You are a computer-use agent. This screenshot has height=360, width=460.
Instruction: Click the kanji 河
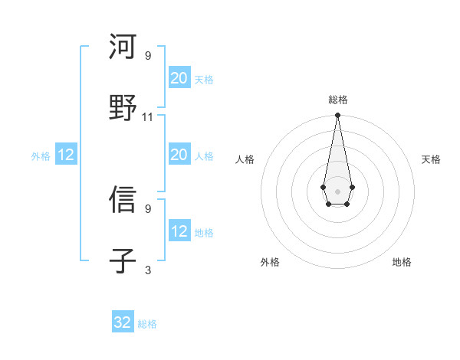tap(123, 47)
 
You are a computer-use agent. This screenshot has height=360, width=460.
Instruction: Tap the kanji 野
tap(123, 108)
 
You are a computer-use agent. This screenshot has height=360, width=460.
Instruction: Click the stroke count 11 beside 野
tap(148, 117)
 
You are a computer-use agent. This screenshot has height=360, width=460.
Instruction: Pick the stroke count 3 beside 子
tap(148, 270)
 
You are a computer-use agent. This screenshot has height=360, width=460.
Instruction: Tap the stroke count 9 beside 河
tap(148, 56)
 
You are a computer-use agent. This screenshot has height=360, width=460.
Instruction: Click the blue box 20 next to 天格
tap(179, 78)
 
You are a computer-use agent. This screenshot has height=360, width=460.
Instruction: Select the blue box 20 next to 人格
tap(179, 155)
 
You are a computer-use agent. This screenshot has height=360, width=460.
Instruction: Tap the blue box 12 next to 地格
tap(179, 231)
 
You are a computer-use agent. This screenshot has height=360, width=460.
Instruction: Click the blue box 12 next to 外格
tap(66, 155)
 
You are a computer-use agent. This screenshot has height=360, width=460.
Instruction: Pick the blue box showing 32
tap(123, 322)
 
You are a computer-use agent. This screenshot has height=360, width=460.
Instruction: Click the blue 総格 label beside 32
tap(147, 324)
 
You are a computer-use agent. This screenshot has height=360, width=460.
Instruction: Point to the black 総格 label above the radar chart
tap(338, 100)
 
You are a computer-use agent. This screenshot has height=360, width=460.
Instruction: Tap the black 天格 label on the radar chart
tap(431, 159)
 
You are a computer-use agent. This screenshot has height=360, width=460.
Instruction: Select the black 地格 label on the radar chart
tap(402, 262)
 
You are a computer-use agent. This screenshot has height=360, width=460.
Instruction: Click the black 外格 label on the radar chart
tap(270, 262)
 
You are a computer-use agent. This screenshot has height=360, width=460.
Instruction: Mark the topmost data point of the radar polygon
tap(337, 116)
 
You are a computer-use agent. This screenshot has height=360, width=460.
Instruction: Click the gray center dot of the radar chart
tap(337, 190)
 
